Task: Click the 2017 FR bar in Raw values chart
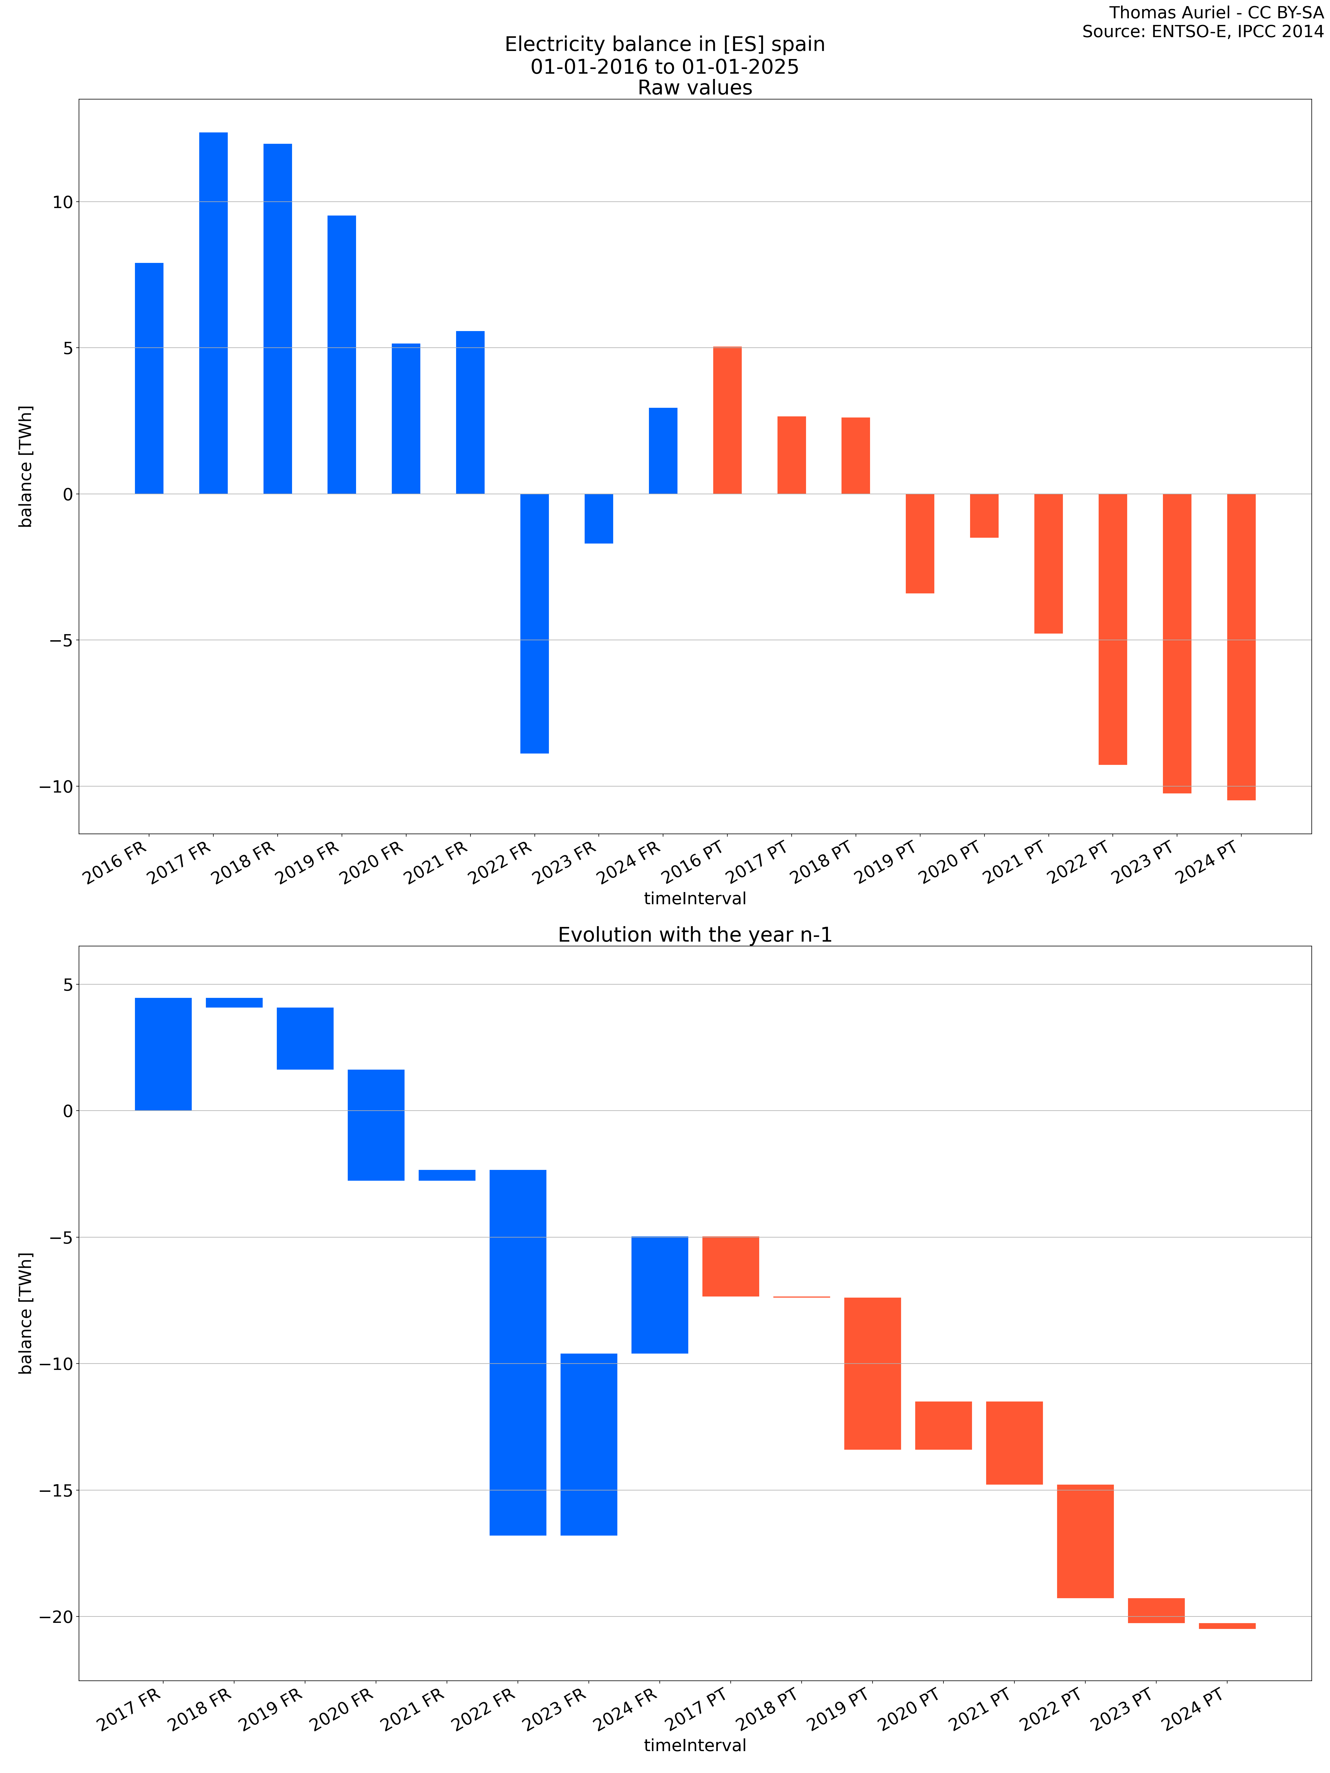[x=213, y=312]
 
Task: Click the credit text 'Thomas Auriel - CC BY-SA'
[x=1216, y=13]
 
